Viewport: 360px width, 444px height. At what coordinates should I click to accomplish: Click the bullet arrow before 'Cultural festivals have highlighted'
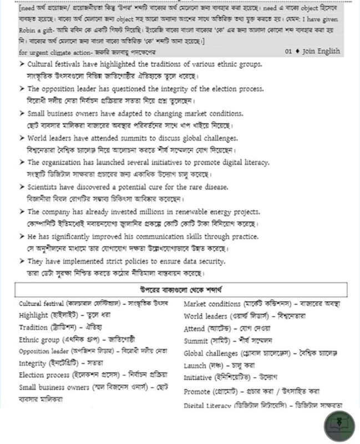[x=21, y=64]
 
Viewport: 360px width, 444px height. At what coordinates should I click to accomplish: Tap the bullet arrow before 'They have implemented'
[x=21, y=261]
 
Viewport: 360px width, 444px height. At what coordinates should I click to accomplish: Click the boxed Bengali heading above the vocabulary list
[x=181, y=290]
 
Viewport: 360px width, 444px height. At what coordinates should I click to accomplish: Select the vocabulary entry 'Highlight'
[x=33, y=315]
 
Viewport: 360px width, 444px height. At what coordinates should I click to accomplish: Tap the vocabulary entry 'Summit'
[x=196, y=340]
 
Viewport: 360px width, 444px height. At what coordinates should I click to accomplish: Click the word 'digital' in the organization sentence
[x=219, y=163]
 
